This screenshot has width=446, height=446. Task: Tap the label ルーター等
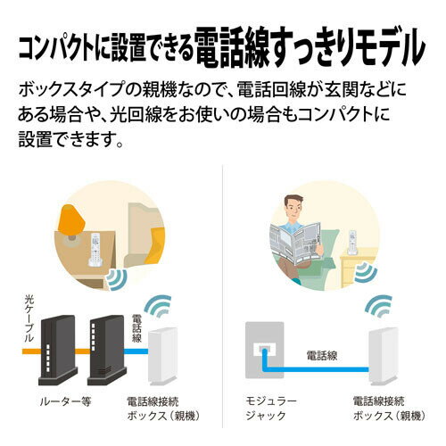point(68,401)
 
